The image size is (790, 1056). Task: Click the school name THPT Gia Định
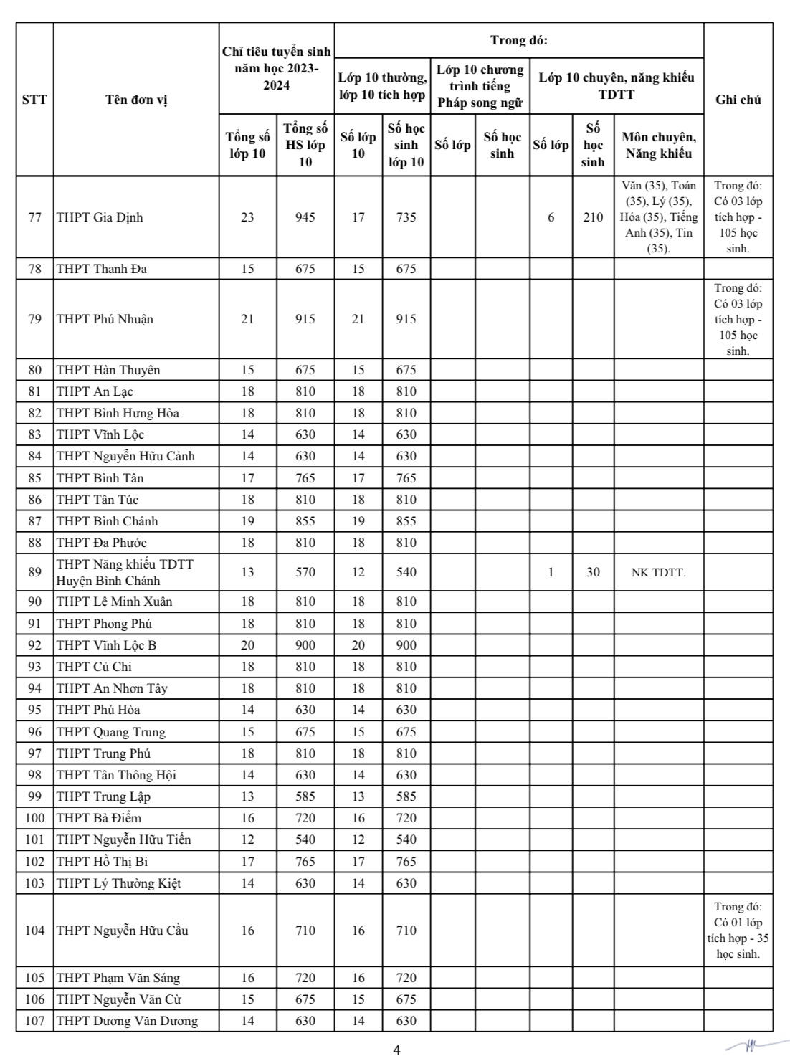[100, 217]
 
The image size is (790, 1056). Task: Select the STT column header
[34, 100]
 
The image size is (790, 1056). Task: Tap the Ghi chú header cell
[738, 100]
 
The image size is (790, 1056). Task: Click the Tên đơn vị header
[136, 100]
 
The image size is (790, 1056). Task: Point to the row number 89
[34, 572]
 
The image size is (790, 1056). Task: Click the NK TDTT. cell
[658, 572]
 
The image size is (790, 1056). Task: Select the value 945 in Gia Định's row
[305, 217]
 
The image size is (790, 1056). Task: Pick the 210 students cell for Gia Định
[593, 217]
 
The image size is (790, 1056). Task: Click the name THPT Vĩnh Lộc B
[106, 645]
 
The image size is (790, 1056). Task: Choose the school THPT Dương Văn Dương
[127, 1021]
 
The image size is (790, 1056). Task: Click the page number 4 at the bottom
[396, 1050]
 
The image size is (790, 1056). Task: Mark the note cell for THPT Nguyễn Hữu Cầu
[738, 931]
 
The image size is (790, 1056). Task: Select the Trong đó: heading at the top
[518, 40]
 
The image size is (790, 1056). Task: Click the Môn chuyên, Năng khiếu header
[658, 145]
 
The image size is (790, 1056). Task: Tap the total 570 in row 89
[305, 572]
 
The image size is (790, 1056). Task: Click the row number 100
[34, 818]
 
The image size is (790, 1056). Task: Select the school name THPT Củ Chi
[94, 667]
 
